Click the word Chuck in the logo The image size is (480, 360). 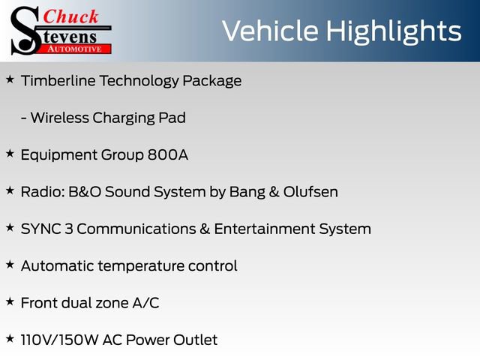[x=71, y=17]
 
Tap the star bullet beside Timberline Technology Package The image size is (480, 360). [x=10, y=79]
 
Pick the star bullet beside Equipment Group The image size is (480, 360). [x=10, y=153]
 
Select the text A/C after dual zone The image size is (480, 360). [x=144, y=303]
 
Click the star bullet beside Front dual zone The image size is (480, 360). [x=10, y=301]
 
